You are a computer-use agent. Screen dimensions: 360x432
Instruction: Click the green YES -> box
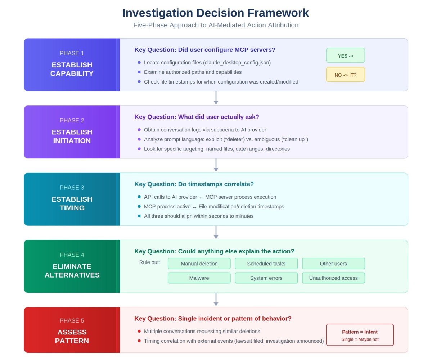point(345,55)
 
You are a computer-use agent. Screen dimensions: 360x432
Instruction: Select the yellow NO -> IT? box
point(345,75)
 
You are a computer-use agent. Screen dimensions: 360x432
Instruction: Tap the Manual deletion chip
point(199,264)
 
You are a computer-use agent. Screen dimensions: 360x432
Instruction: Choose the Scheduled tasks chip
point(266,264)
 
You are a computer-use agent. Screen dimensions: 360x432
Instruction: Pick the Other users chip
point(333,264)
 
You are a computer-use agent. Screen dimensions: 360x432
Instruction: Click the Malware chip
point(199,278)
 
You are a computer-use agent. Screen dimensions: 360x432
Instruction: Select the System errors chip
point(266,278)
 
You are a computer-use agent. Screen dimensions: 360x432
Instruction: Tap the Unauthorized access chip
point(333,278)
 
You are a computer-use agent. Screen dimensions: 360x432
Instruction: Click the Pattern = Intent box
point(360,335)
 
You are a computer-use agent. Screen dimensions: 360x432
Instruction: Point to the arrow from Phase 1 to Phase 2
point(216,98)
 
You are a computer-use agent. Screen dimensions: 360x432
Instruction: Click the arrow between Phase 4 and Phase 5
point(216,300)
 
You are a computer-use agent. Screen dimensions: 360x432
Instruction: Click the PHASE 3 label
point(72,188)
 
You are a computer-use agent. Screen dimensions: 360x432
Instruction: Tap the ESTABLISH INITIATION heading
point(72,136)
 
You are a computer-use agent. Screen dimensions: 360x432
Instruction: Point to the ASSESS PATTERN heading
point(72,336)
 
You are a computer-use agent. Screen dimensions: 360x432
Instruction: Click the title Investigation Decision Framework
point(216,13)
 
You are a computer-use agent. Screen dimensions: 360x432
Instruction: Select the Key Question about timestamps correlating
point(194,184)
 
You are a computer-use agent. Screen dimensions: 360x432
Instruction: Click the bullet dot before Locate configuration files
point(139,62)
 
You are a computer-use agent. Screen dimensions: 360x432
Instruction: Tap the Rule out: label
point(150,262)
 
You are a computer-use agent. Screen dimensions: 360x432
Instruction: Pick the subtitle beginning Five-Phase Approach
point(216,25)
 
